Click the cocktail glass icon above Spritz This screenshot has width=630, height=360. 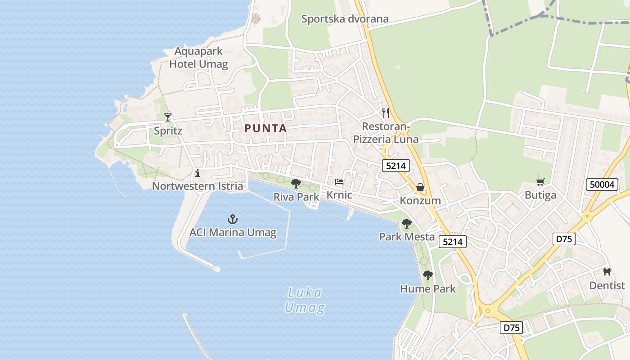coord(168,117)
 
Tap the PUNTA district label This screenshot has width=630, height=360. coord(265,128)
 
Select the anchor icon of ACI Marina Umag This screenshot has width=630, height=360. coord(233,219)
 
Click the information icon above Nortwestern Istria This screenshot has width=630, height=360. coord(197,173)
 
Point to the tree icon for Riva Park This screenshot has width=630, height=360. coord(296,183)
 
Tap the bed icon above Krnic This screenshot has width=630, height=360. coord(339,182)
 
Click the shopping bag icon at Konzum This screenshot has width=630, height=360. coord(420,187)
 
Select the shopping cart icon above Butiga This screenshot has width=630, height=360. coord(540,182)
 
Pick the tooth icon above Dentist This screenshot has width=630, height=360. coord(607,272)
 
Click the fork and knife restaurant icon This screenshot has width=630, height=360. coord(385,112)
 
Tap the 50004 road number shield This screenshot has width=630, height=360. coord(602,184)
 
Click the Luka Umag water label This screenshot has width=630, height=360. coord(305,301)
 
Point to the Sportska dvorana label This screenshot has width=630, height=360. coord(345,19)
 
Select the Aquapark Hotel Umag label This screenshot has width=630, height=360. coord(198,58)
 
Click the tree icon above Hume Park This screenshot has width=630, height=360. coord(427,275)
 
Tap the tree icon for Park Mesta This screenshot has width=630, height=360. coord(407,223)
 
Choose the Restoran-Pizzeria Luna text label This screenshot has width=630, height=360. coord(386,133)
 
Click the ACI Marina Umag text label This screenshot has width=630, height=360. coord(233,233)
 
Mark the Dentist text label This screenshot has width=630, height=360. coord(607,286)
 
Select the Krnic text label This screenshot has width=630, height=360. coord(339,195)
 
